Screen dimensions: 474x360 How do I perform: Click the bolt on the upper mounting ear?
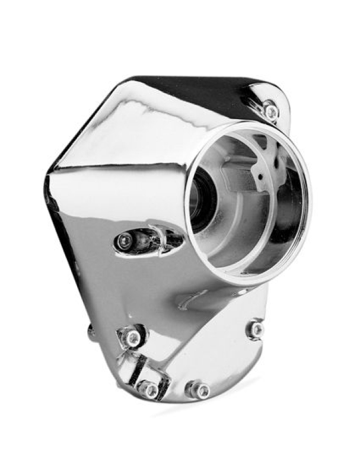[x=270, y=110]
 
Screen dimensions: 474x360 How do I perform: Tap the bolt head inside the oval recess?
[x=125, y=240]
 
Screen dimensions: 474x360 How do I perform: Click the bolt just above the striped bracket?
[x=134, y=338]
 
